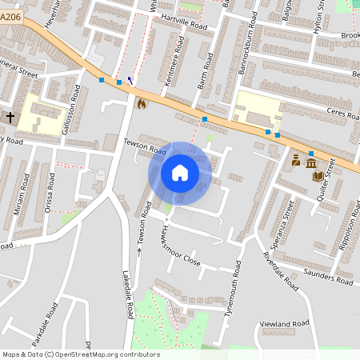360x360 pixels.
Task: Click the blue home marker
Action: [x=180, y=173]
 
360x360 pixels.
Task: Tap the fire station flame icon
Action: [x=142, y=103]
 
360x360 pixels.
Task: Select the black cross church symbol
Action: [x=10, y=118]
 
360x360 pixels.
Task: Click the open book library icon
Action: [x=318, y=175]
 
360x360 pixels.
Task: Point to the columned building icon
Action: [x=310, y=162]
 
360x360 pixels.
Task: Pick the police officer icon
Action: [x=296, y=161]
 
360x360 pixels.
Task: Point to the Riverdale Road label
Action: [x=280, y=271]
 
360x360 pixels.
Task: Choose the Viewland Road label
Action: [x=285, y=323]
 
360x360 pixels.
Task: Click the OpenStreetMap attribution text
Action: [x=80, y=354]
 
